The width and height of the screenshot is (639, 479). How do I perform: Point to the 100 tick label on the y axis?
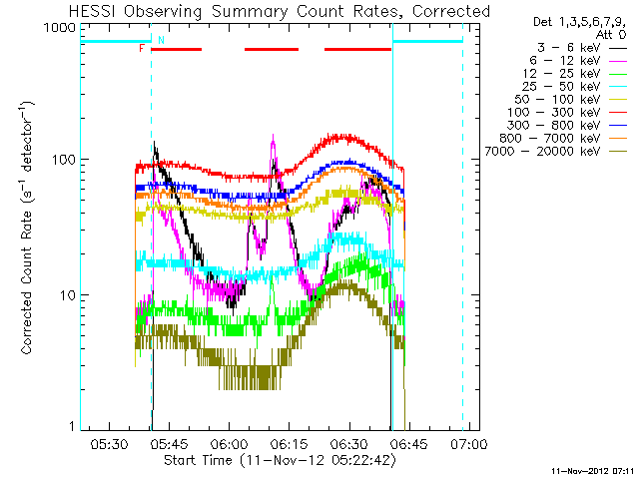point(62,160)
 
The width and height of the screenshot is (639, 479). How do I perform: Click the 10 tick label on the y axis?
point(66,295)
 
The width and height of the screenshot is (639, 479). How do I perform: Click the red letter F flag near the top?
point(142,48)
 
